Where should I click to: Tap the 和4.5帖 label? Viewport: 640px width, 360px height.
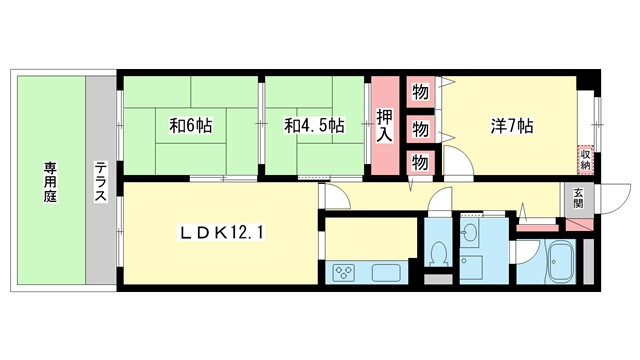point(314,126)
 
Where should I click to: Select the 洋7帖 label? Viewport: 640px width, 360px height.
point(511,126)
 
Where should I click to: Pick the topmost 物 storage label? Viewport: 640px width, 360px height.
point(420,93)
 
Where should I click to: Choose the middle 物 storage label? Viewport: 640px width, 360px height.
point(420,128)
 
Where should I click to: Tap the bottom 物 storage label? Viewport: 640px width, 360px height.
point(420,161)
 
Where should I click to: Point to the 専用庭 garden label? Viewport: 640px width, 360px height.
point(49,182)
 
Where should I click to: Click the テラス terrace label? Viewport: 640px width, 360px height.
point(101,182)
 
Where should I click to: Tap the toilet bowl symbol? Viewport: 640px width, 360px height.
point(436,254)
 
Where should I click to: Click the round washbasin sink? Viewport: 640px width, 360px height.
point(472,236)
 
